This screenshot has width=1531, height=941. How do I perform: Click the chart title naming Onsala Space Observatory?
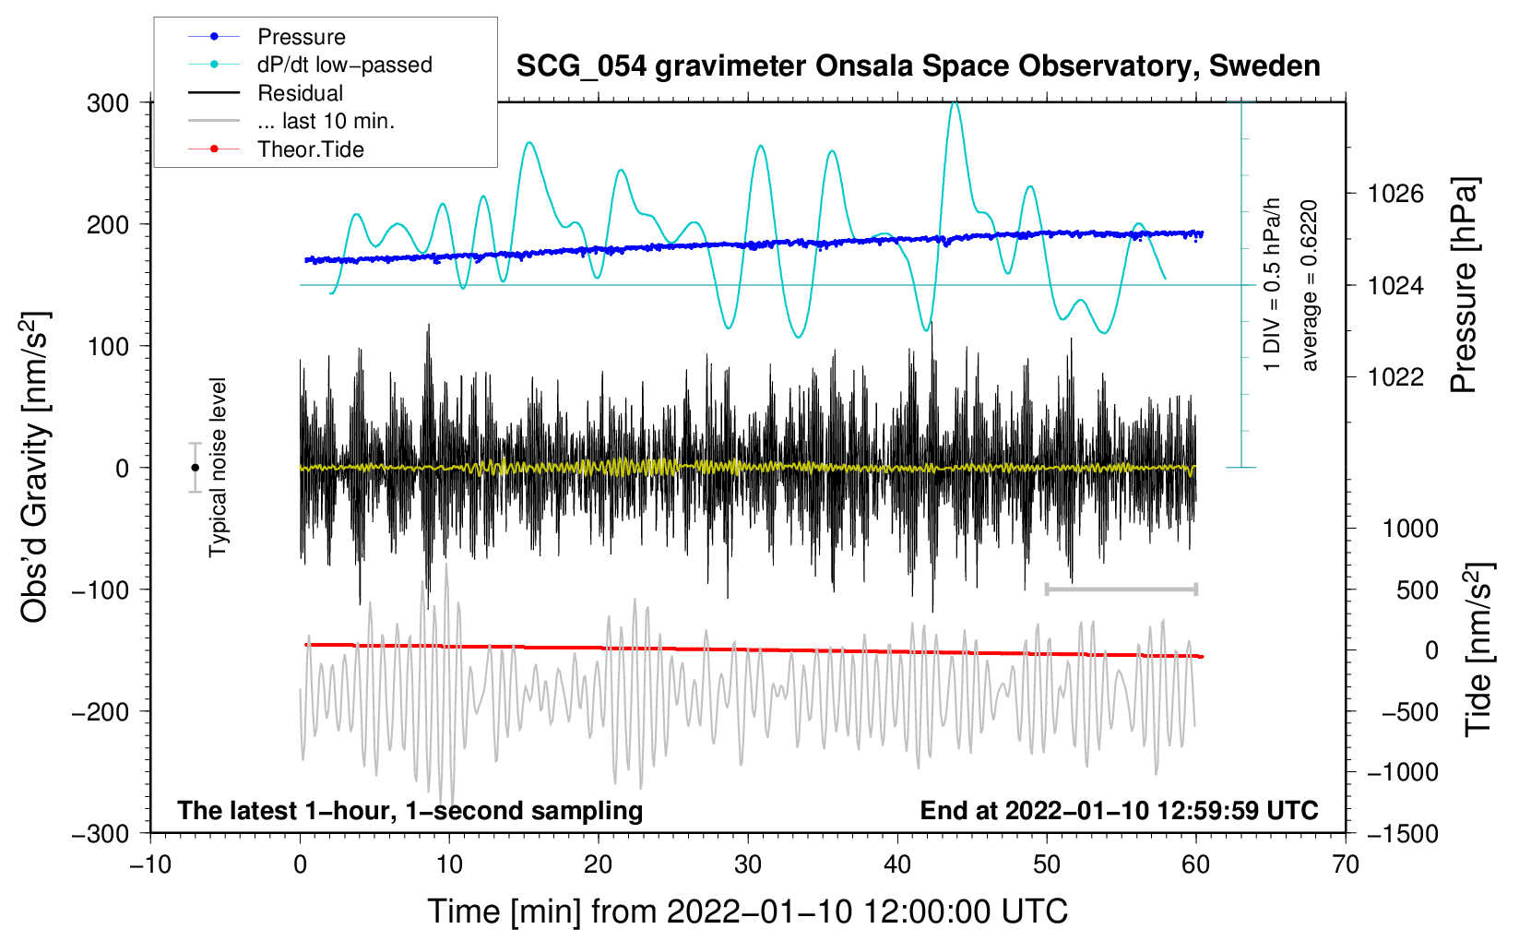point(918,66)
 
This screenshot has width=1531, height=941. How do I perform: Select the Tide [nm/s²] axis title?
point(1479,649)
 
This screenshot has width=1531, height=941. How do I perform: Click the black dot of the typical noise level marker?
point(196,468)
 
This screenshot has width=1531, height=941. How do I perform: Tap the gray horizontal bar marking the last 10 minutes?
point(1121,589)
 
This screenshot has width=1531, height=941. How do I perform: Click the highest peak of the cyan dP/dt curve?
point(955,102)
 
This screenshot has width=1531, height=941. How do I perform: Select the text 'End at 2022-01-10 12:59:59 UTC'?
point(1119,810)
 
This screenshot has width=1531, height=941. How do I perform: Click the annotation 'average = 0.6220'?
point(1309,285)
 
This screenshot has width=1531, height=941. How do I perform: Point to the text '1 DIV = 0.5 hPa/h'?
point(1271,285)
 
